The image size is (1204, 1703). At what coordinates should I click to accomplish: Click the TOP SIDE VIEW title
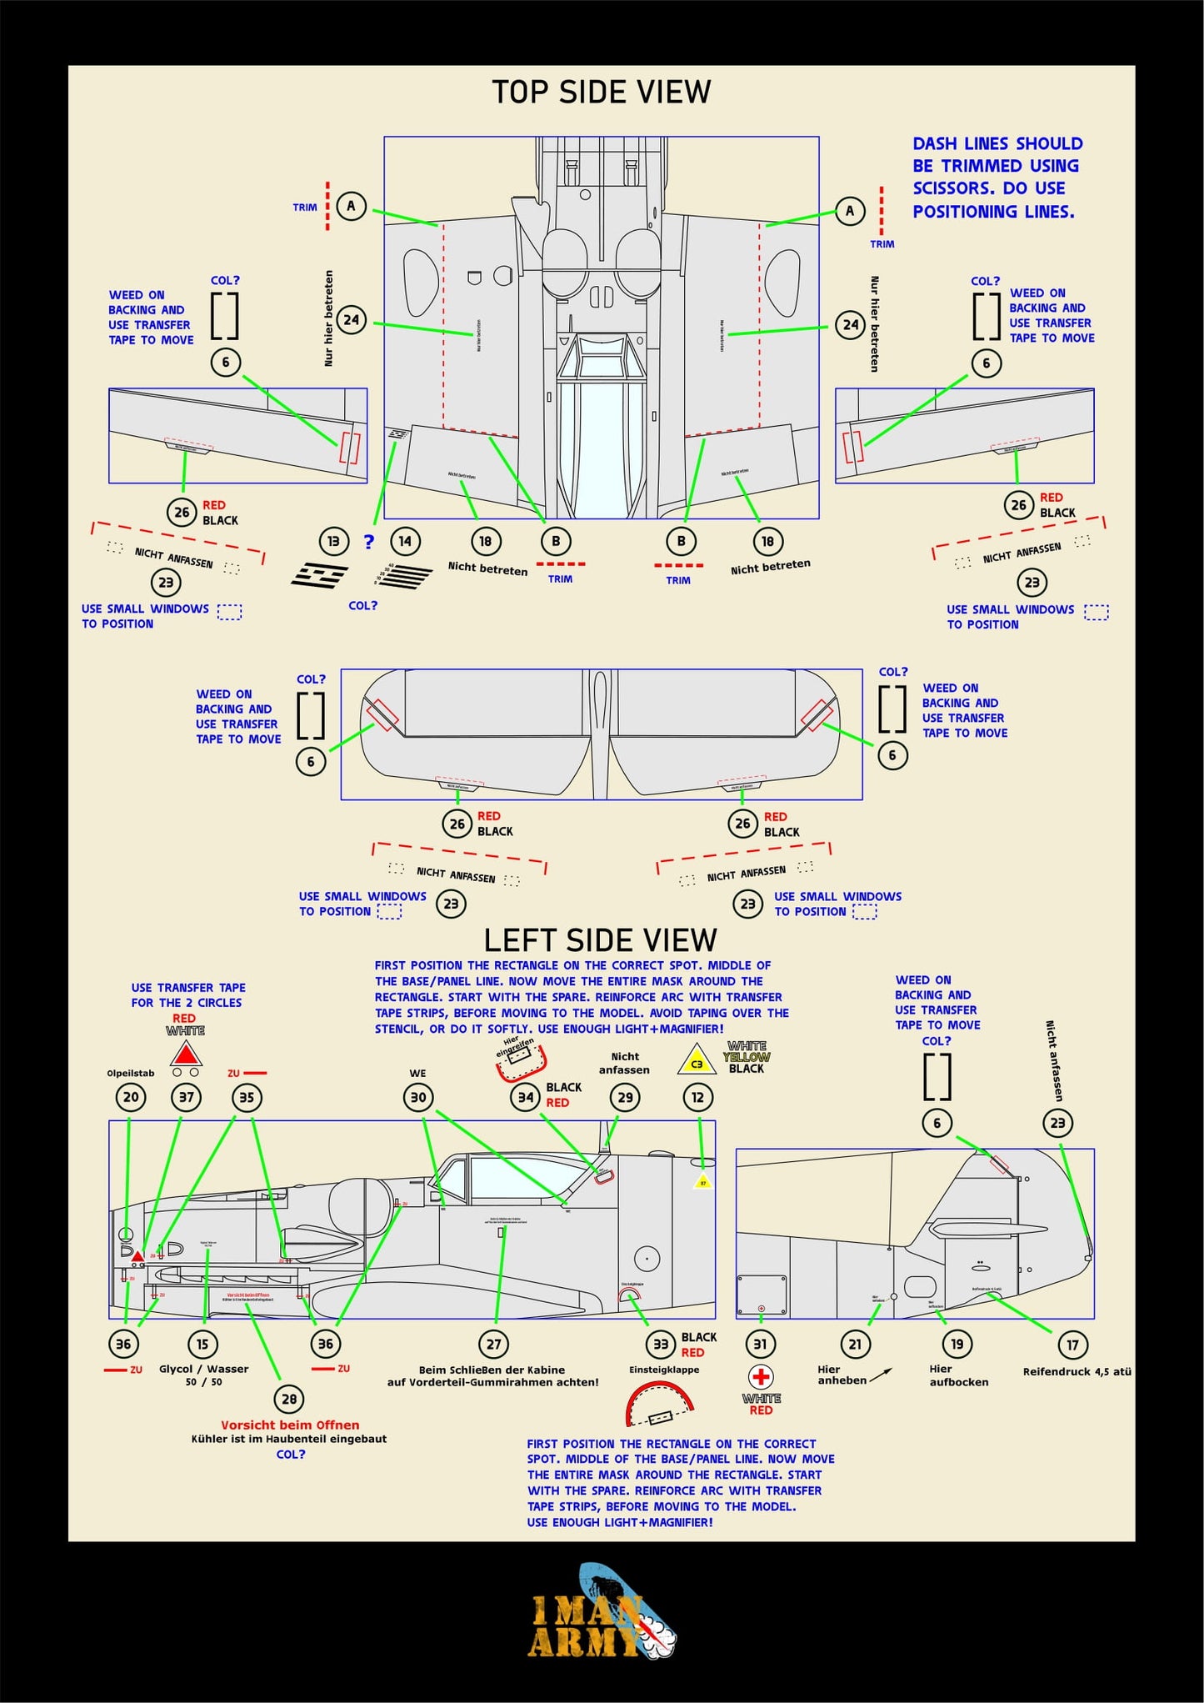coord(601,92)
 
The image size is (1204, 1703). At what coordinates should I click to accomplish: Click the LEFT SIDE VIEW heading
coord(600,940)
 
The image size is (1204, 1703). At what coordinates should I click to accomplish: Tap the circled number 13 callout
coord(333,541)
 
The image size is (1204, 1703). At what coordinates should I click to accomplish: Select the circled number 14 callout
coord(405,541)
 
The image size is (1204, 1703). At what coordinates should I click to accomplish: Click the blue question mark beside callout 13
coord(369,542)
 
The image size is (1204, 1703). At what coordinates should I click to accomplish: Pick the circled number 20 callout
coord(131,1097)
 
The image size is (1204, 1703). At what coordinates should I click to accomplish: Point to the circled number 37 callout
coord(187,1097)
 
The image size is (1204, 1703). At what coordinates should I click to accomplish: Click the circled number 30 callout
coord(418,1097)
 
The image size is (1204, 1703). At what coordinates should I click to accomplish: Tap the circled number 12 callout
coord(698,1097)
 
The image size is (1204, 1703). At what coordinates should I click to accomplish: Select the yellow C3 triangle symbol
coord(697,1061)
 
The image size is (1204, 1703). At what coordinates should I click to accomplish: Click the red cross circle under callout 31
coord(761,1376)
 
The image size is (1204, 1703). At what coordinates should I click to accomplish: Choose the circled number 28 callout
coord(289,1399)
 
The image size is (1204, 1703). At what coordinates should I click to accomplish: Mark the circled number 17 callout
coord(1072,1344)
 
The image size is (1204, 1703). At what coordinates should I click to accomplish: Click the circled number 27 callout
coord(494,1344)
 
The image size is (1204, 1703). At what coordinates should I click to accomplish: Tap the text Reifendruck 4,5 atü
coord(1077,1371)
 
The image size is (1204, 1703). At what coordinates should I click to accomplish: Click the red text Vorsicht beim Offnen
coord(290,1425)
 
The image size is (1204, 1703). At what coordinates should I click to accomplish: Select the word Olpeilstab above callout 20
coord(131,1073)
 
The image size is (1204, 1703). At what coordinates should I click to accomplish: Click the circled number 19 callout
coord(957,1344)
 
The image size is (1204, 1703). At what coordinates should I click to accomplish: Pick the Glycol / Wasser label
coord(204,1369)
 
